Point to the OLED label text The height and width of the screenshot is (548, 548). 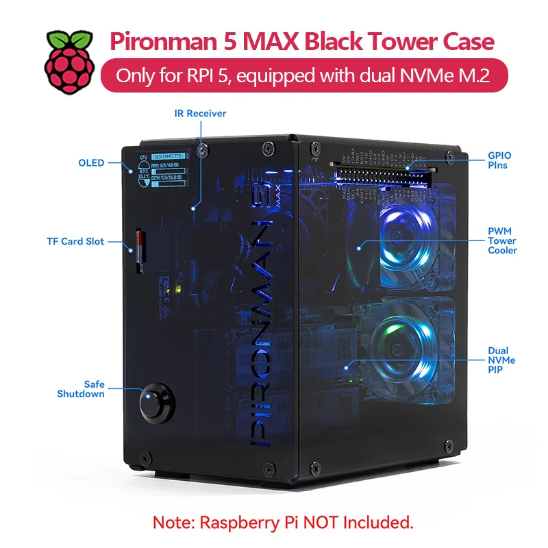tap(91, 163)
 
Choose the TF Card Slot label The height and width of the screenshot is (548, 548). tap(76, 241)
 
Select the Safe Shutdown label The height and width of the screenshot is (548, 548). tap(82, 389)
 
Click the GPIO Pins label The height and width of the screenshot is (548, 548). tap(499, 160)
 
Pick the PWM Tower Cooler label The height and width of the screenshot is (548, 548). tap(502, 241)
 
